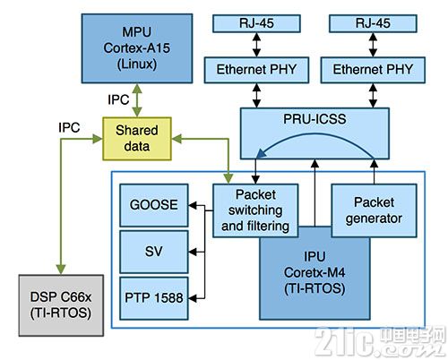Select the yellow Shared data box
(136, 138)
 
